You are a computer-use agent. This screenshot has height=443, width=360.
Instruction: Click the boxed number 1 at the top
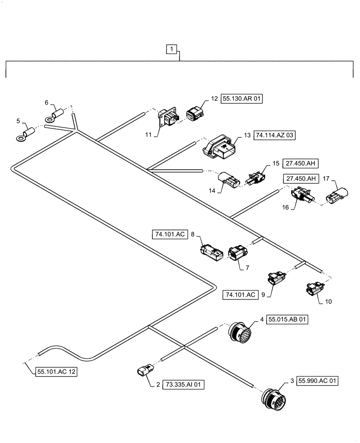coord(172,49)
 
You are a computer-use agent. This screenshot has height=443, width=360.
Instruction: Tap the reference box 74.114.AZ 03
coord(274,136)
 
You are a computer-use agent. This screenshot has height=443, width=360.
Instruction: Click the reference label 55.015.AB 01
coord(287,319)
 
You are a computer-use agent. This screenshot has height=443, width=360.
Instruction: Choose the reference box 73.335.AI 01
coord(184,385)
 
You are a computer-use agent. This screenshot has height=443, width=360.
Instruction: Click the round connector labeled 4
coord(240,332)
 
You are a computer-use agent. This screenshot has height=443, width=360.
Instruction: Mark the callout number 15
coord(276,163)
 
